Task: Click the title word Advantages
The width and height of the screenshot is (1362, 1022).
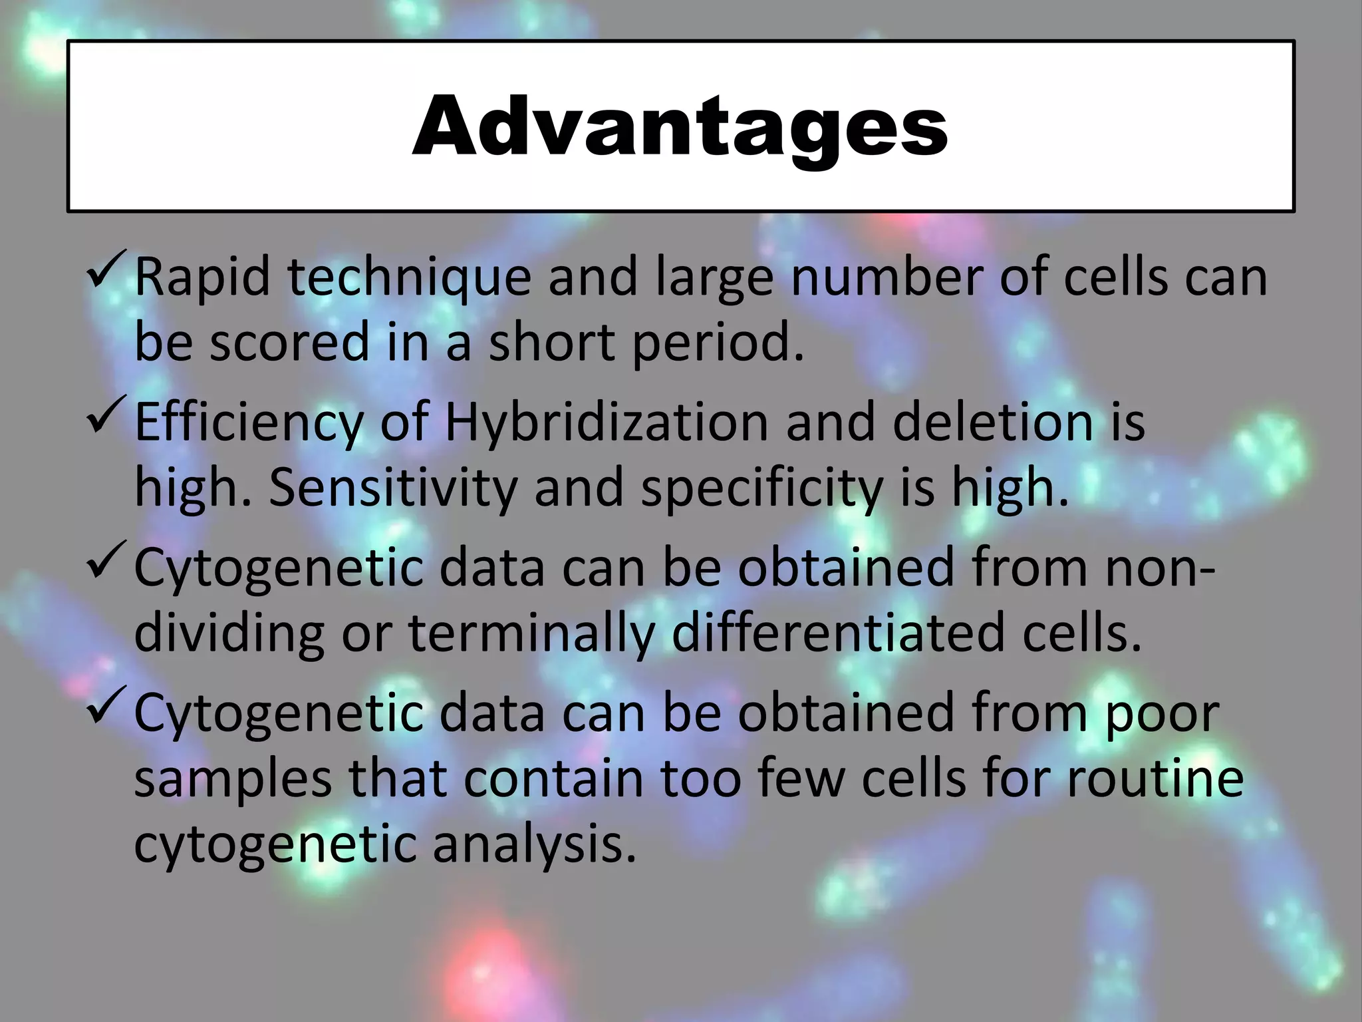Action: tap(680, 126)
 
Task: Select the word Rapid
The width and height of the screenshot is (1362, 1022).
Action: tap(202, 278)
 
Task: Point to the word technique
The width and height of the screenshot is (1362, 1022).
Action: tap(409, 278)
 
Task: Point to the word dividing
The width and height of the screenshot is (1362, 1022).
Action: tap(229, 633)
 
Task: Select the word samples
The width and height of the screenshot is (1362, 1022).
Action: tap(232, 780)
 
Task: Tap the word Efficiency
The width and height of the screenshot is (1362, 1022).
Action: tap(249, 423)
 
